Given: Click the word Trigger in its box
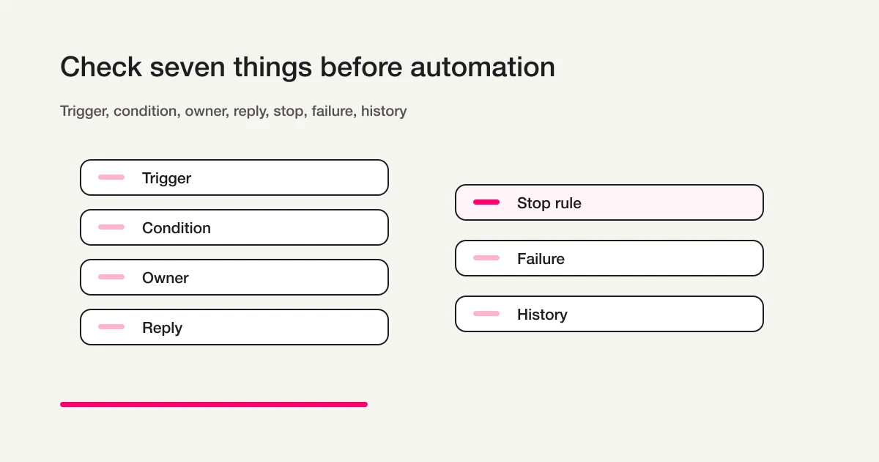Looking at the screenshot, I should coord(166,178).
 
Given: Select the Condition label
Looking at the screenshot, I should coord(177,228).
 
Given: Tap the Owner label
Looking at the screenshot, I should coord(166,278).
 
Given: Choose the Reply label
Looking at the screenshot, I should coord(162,328).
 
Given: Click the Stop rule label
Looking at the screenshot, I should coord(549,203).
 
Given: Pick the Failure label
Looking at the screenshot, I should coord(541,259).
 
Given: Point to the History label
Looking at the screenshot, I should coord(542,315).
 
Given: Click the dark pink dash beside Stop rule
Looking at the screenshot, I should coord(486,202).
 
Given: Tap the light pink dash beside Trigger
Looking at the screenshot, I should coord(111,177).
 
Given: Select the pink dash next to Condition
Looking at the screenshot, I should coord(111,227).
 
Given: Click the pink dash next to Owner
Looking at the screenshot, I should coord(111,277).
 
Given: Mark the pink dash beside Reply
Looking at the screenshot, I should coord(111,327).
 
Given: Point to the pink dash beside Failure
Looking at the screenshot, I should coord(486,258).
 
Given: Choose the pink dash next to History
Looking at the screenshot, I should coord(486,314).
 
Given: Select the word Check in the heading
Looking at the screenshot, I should coord(101,67).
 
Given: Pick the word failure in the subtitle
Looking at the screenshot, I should coord(334,111).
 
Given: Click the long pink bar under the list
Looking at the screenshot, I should coord(214,404).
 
